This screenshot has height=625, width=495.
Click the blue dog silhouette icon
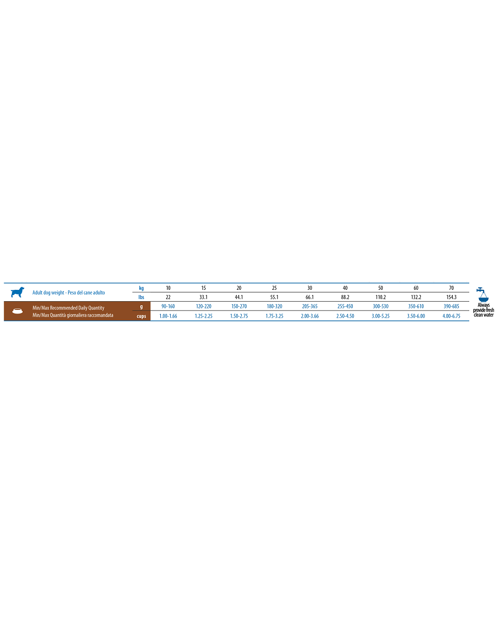(18, 292)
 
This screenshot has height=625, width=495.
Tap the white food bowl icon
(18, 311)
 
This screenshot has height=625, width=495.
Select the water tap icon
(483, 294)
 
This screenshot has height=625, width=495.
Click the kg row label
(141, 288)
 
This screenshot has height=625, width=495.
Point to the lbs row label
(141, 297)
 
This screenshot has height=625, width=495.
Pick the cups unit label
(141, 316)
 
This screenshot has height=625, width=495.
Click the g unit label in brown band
(141, 307)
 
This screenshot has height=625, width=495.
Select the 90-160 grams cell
(168, 306)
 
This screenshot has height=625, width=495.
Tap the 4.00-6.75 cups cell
(451, 316)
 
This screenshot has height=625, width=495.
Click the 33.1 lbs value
(204, 297)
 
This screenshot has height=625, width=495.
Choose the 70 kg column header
(451, 288)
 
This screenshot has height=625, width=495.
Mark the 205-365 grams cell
(310, 306)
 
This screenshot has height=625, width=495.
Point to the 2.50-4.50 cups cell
(345, 316)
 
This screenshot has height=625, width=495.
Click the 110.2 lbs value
(381, 297)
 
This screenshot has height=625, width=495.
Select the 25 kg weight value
(274, 288)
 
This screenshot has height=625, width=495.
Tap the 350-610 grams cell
(416, 306)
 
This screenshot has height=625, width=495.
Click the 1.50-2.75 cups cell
(239, 316)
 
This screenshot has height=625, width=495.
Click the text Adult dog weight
(48, 292)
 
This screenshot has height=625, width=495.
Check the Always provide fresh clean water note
(484, 310)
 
